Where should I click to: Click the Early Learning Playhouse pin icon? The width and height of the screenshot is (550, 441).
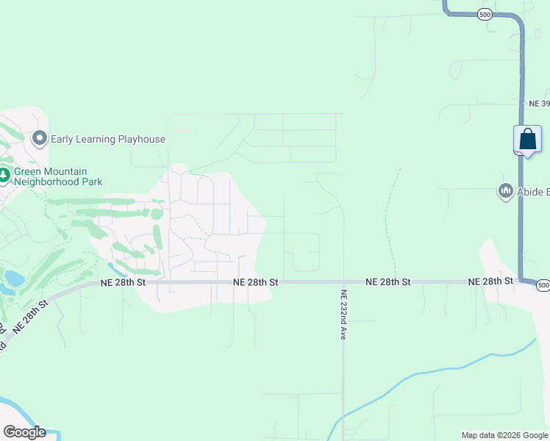point(40,138)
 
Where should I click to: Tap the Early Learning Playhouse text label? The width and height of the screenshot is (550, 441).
point(108,139)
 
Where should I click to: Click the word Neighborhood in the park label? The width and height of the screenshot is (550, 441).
point(63,182)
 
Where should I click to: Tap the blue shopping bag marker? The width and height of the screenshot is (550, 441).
point(527,139)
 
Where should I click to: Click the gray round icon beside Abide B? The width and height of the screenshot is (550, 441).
point(505,192)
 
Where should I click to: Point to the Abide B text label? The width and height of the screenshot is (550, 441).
point(533,193)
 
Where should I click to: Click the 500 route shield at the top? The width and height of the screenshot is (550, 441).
point(484,15)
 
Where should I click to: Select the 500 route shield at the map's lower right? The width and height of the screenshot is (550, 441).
point(543,284)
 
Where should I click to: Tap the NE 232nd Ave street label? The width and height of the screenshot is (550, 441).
point(343,312)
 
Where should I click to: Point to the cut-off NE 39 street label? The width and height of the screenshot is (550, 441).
point(539,104)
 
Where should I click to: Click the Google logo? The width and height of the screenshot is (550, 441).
point(24,432)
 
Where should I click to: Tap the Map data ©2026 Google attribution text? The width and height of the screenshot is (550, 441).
point(504,435)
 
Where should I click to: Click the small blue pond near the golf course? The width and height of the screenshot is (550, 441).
point(14,279)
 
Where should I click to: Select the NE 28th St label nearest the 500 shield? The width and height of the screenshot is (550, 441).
point(491,282)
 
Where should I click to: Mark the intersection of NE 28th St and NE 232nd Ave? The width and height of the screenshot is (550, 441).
point(343,282)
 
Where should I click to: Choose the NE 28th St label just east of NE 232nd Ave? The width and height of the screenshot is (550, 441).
point(387,282)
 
